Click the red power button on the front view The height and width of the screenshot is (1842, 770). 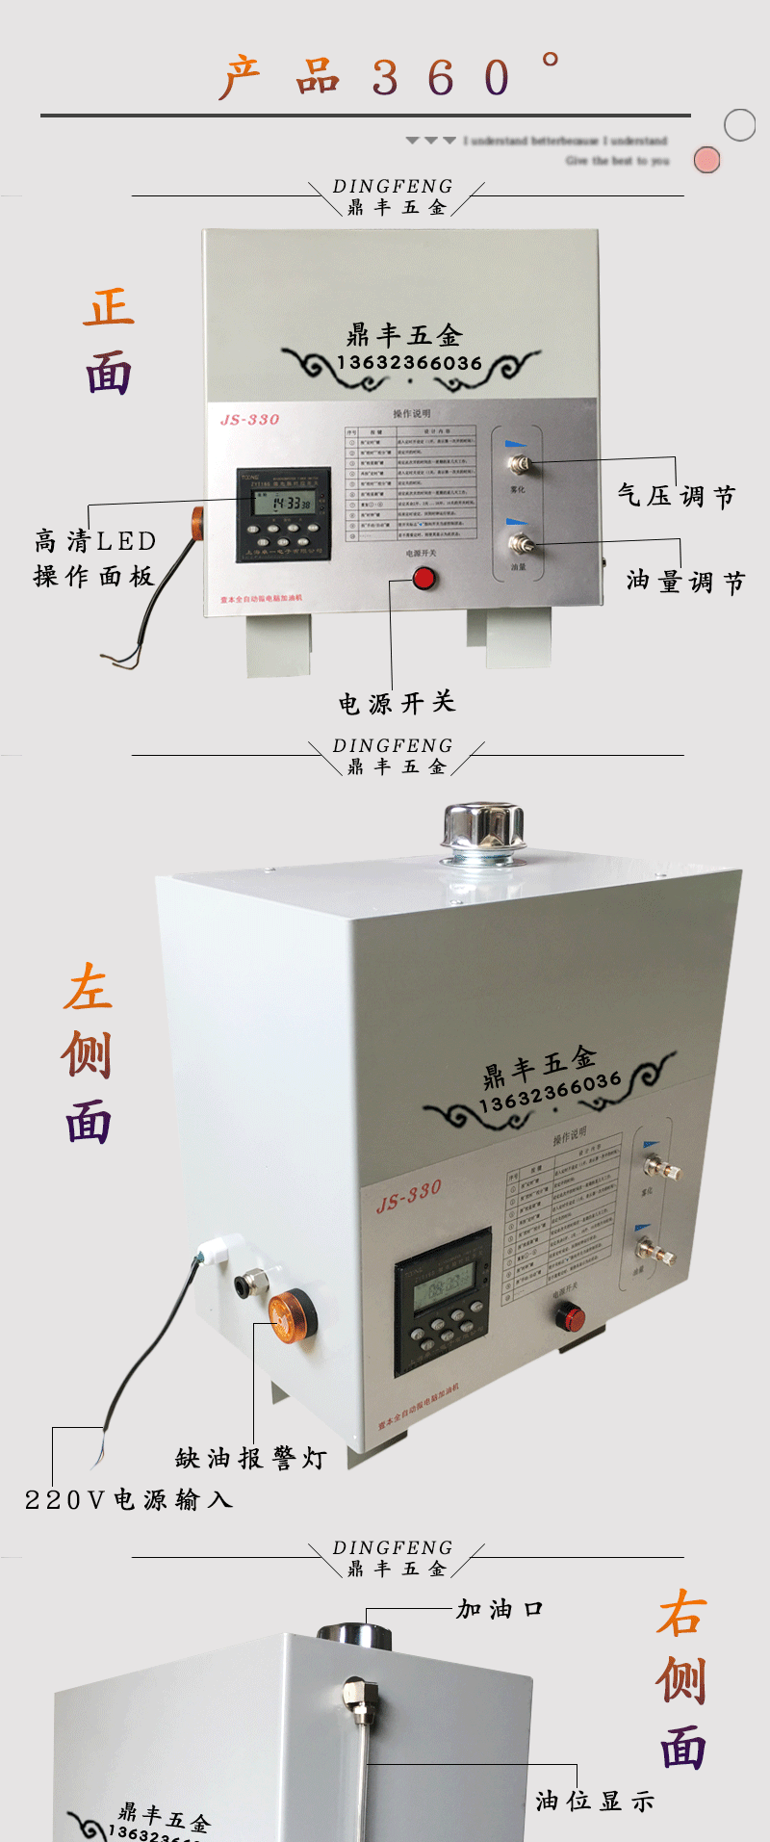[423, 579]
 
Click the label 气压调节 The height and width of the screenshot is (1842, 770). [677, 496]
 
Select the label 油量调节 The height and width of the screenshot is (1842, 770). [685, 582]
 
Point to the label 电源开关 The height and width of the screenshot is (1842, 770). [397, 703]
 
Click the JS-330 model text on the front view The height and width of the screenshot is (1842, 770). [249, 420]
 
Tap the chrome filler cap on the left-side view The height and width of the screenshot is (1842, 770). [482, 831]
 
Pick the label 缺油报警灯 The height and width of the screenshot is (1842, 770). [251, 1458]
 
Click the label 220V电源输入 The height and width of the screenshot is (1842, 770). [129, 1499]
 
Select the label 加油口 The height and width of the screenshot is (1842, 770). [500, 1609]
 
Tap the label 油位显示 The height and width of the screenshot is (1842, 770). [595, 1801]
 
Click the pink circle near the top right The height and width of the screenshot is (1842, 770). [707, 160]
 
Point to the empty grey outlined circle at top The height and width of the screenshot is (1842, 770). [739, 125]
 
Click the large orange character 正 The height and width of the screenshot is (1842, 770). [109, 308]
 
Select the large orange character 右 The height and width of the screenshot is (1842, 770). [682, 1614]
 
